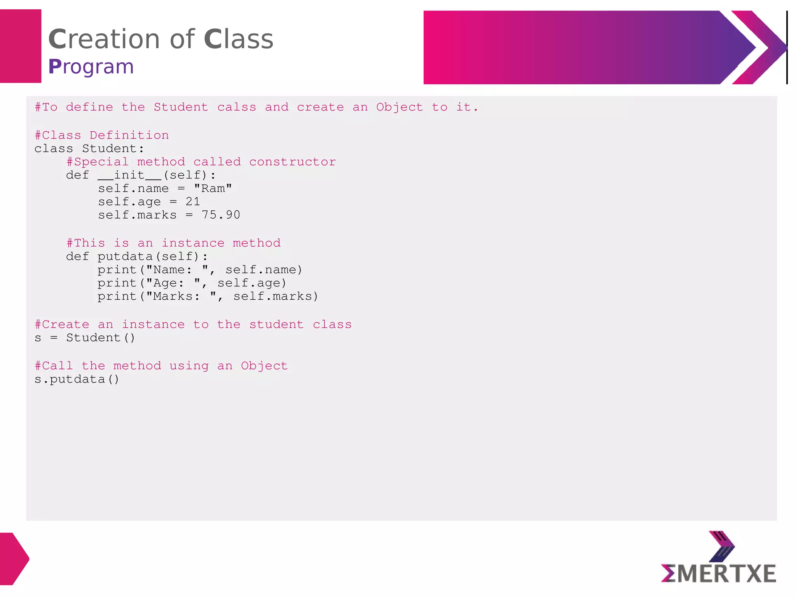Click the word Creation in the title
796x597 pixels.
(104, 39)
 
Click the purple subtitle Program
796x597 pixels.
(91, 66)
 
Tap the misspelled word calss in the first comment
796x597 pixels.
(236, 107)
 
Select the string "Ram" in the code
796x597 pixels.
(213, 189)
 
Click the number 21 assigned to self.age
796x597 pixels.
(193, 202)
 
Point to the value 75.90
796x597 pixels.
(221, 215)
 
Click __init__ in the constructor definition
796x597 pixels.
(129, 175)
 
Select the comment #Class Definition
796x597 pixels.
(102, 135)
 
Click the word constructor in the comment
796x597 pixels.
(292, 162)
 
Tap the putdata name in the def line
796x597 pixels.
(125, 257)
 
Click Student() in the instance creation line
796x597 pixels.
(101, 338)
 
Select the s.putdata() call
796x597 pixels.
(77, 379)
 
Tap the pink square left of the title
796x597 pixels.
(21, 46)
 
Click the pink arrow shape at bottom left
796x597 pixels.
(14, 559)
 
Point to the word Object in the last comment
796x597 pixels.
(264, 366)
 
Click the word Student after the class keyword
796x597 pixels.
(110, 148)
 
